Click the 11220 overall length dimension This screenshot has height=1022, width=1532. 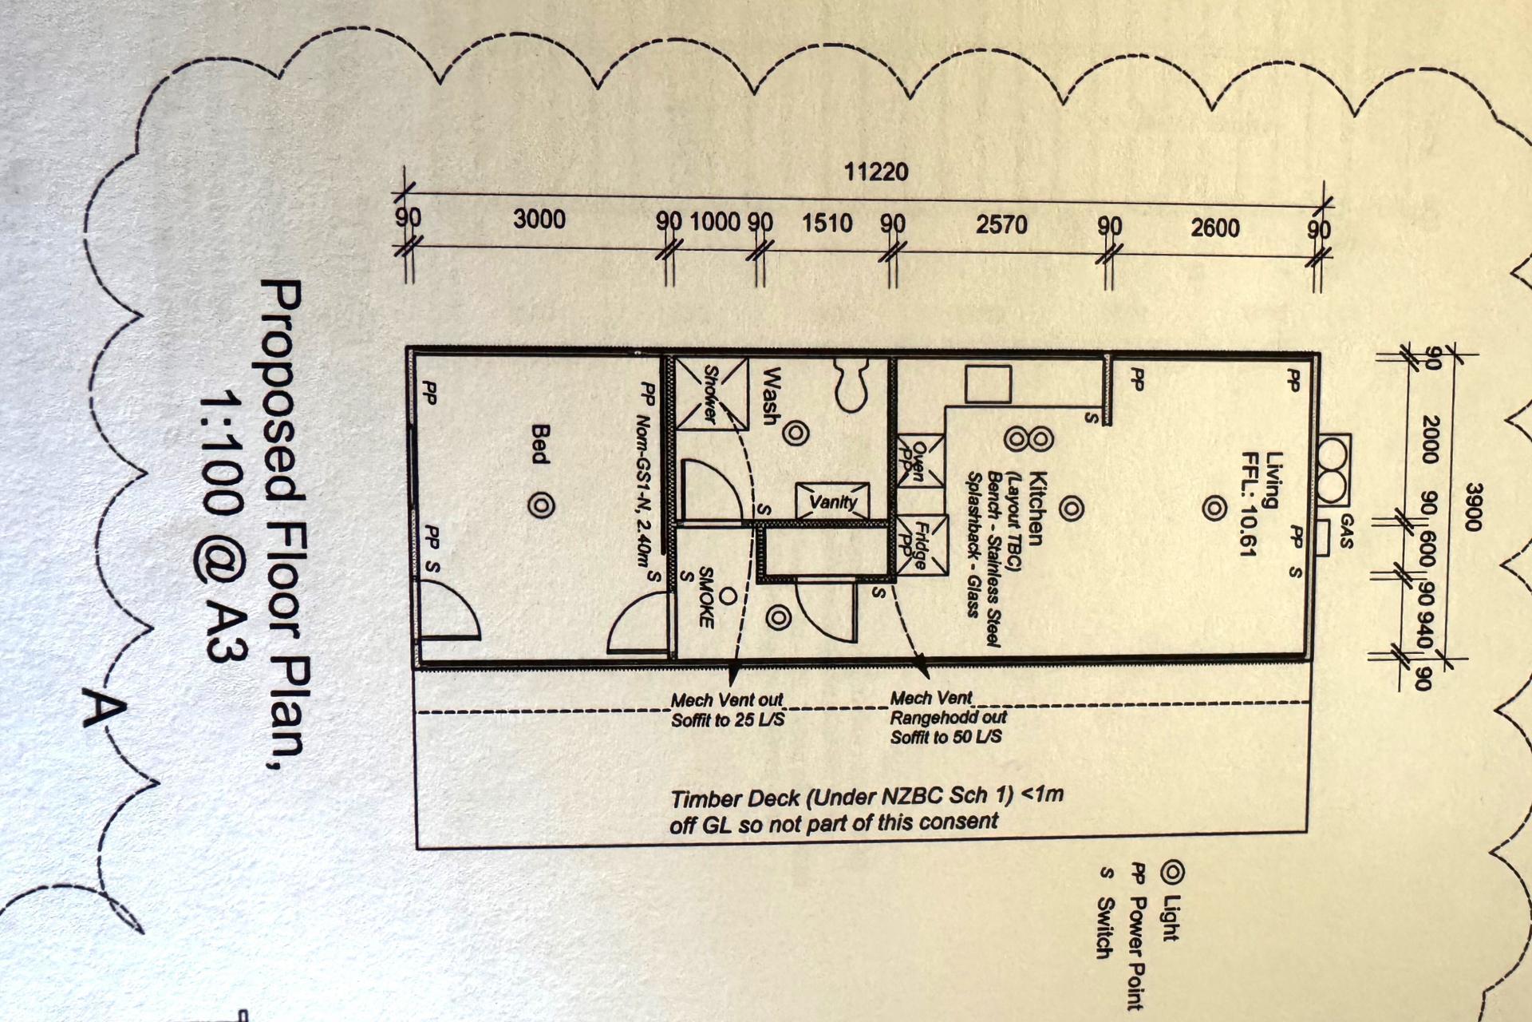pos(876,171)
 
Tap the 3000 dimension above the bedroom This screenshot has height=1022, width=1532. pos(539,219)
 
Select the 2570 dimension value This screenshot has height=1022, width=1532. pos(1001,224)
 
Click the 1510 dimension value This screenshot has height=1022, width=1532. pos(827,223)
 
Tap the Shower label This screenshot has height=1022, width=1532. pos(710,394)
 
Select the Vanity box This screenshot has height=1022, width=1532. pos(833,501)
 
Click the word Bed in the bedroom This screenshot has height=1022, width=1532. pos(540,444)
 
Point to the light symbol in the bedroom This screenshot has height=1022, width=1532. pos(541,505)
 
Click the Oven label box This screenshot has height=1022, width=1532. pos(919,460)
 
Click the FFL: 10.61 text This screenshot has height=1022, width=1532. pos(1248,503)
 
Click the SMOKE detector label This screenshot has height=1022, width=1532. pos(705,597)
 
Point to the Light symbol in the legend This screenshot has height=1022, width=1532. pos(1171,873)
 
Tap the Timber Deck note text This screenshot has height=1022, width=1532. pos(867,809)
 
